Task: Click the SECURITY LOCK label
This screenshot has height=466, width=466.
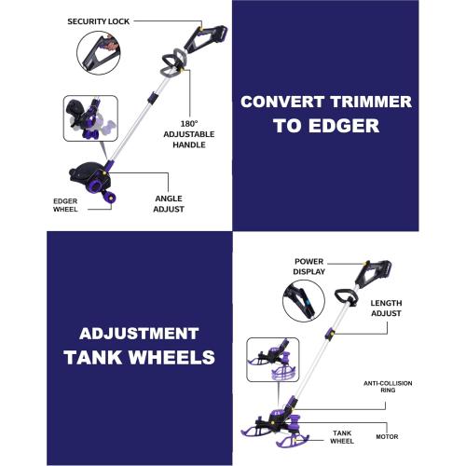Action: pyautogui.click(x=98, y=21)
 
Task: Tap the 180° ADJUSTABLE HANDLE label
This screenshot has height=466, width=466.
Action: pyautogui.click(x=189, y=134)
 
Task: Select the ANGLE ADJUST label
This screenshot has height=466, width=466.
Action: pyautogui.click(x=169, y=204)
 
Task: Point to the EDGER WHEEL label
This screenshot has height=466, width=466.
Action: pyautogui.click(x=65, y=205)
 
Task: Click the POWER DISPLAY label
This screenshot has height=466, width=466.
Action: pyautogui.click(x=308, y=267)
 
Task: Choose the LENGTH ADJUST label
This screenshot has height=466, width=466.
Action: pyautogui.click(x=386, y=308)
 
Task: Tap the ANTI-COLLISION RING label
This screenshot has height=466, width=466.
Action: pyautogui.click(x=388, y=387)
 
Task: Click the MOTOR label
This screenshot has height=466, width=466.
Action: pyautogui.click(x=387, y=436)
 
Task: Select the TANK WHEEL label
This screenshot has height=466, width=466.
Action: pyautogui.click(x=342, y=437)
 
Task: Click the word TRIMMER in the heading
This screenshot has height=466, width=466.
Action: pyautogui.click(x=371, y=102)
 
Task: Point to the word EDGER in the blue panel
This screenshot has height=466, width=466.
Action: pyautogui.click(x=344, y=126)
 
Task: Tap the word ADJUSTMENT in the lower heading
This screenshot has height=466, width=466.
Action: pyautogui.click(x=139, y=334)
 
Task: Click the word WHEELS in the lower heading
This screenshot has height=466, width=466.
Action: pyautogui.click(x=171, y=357)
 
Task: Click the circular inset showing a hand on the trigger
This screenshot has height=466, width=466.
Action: pyautogui.click(x=99, y=53)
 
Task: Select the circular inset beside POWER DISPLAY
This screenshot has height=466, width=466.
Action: pyautogui.click(x=304, y=301)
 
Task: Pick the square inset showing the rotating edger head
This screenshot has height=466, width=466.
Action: pyautogui.click(x=90, y=118)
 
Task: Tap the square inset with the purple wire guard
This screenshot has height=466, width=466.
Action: pyautogui.click(x=273, y=360)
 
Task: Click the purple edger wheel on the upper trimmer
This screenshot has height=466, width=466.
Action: pyautogui.click(x=109, y=198)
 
